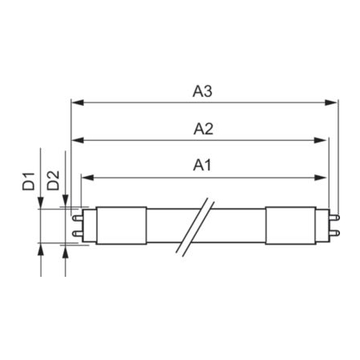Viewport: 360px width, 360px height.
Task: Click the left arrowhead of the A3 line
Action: pyautogui.click(x=76, y=102)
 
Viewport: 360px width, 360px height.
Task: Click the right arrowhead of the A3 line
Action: pyautogui.click(x=334, y=102)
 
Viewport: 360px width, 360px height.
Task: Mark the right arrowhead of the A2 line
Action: pyautogui.click(x=324, y=139)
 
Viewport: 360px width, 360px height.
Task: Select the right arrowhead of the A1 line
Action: pyautogui.click(x=324, y=177)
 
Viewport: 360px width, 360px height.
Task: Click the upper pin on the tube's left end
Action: pyautogui.click(x=78, y=215)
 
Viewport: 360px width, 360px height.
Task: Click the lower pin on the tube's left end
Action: pyautogui.click(x=78, y=233)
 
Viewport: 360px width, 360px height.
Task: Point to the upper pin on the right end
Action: pyautogui.click(x=334, y=215)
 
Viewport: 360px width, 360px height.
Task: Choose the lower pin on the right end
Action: pyautogui.click(x=334, y=233)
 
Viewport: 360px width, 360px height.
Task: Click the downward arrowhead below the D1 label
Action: pyautogui.click(x=41, y=204)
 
